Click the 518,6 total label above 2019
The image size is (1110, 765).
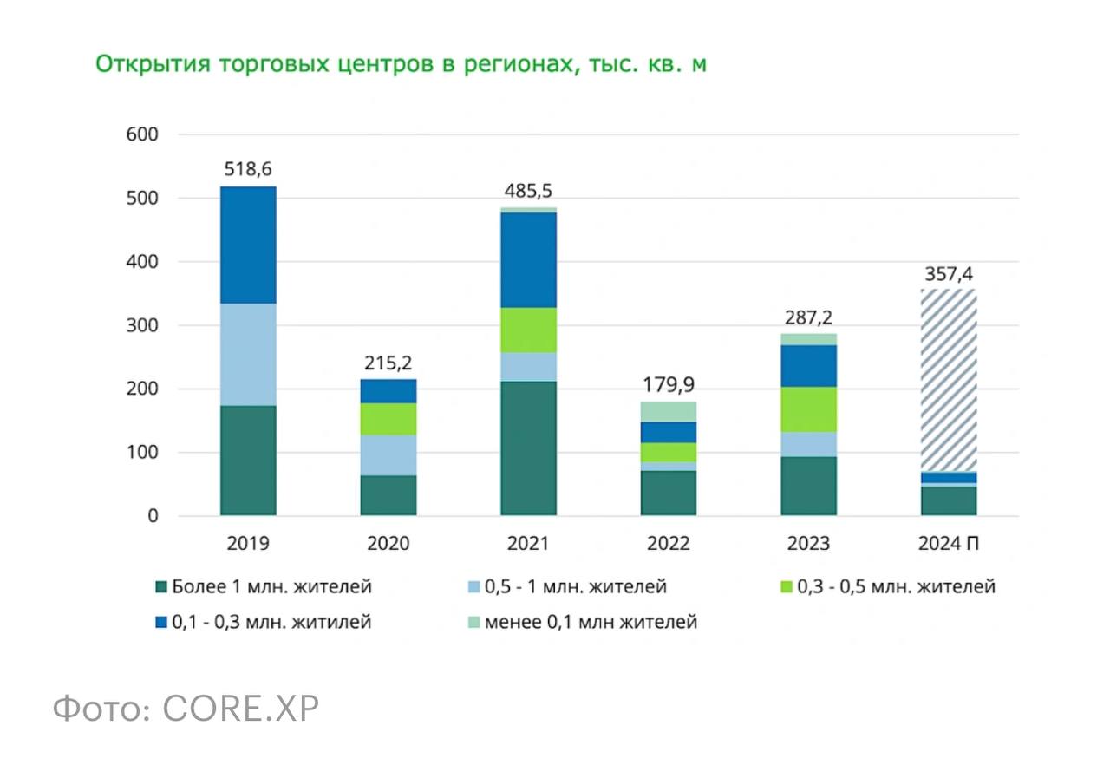(248, 169)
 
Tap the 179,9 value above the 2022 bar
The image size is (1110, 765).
(669, 383)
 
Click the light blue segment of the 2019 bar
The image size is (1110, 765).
(248, 354)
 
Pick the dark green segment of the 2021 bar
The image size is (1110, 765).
(528, 448)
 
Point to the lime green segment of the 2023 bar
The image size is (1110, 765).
(808, 409)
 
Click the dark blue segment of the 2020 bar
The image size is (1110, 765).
(388, 391)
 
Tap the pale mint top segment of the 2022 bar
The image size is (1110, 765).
(669, 411)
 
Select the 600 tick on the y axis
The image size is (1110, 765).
(144, 134)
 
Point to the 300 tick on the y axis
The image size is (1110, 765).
(144, 325)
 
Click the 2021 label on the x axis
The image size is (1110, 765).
(528, 544)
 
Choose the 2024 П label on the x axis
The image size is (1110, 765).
(949, 544)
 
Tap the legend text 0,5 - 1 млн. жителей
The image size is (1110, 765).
(576, 587)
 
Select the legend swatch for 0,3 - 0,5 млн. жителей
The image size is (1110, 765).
(787, 587)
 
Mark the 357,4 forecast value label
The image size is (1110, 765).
(949, 276)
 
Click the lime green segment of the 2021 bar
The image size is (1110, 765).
(528, 330)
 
